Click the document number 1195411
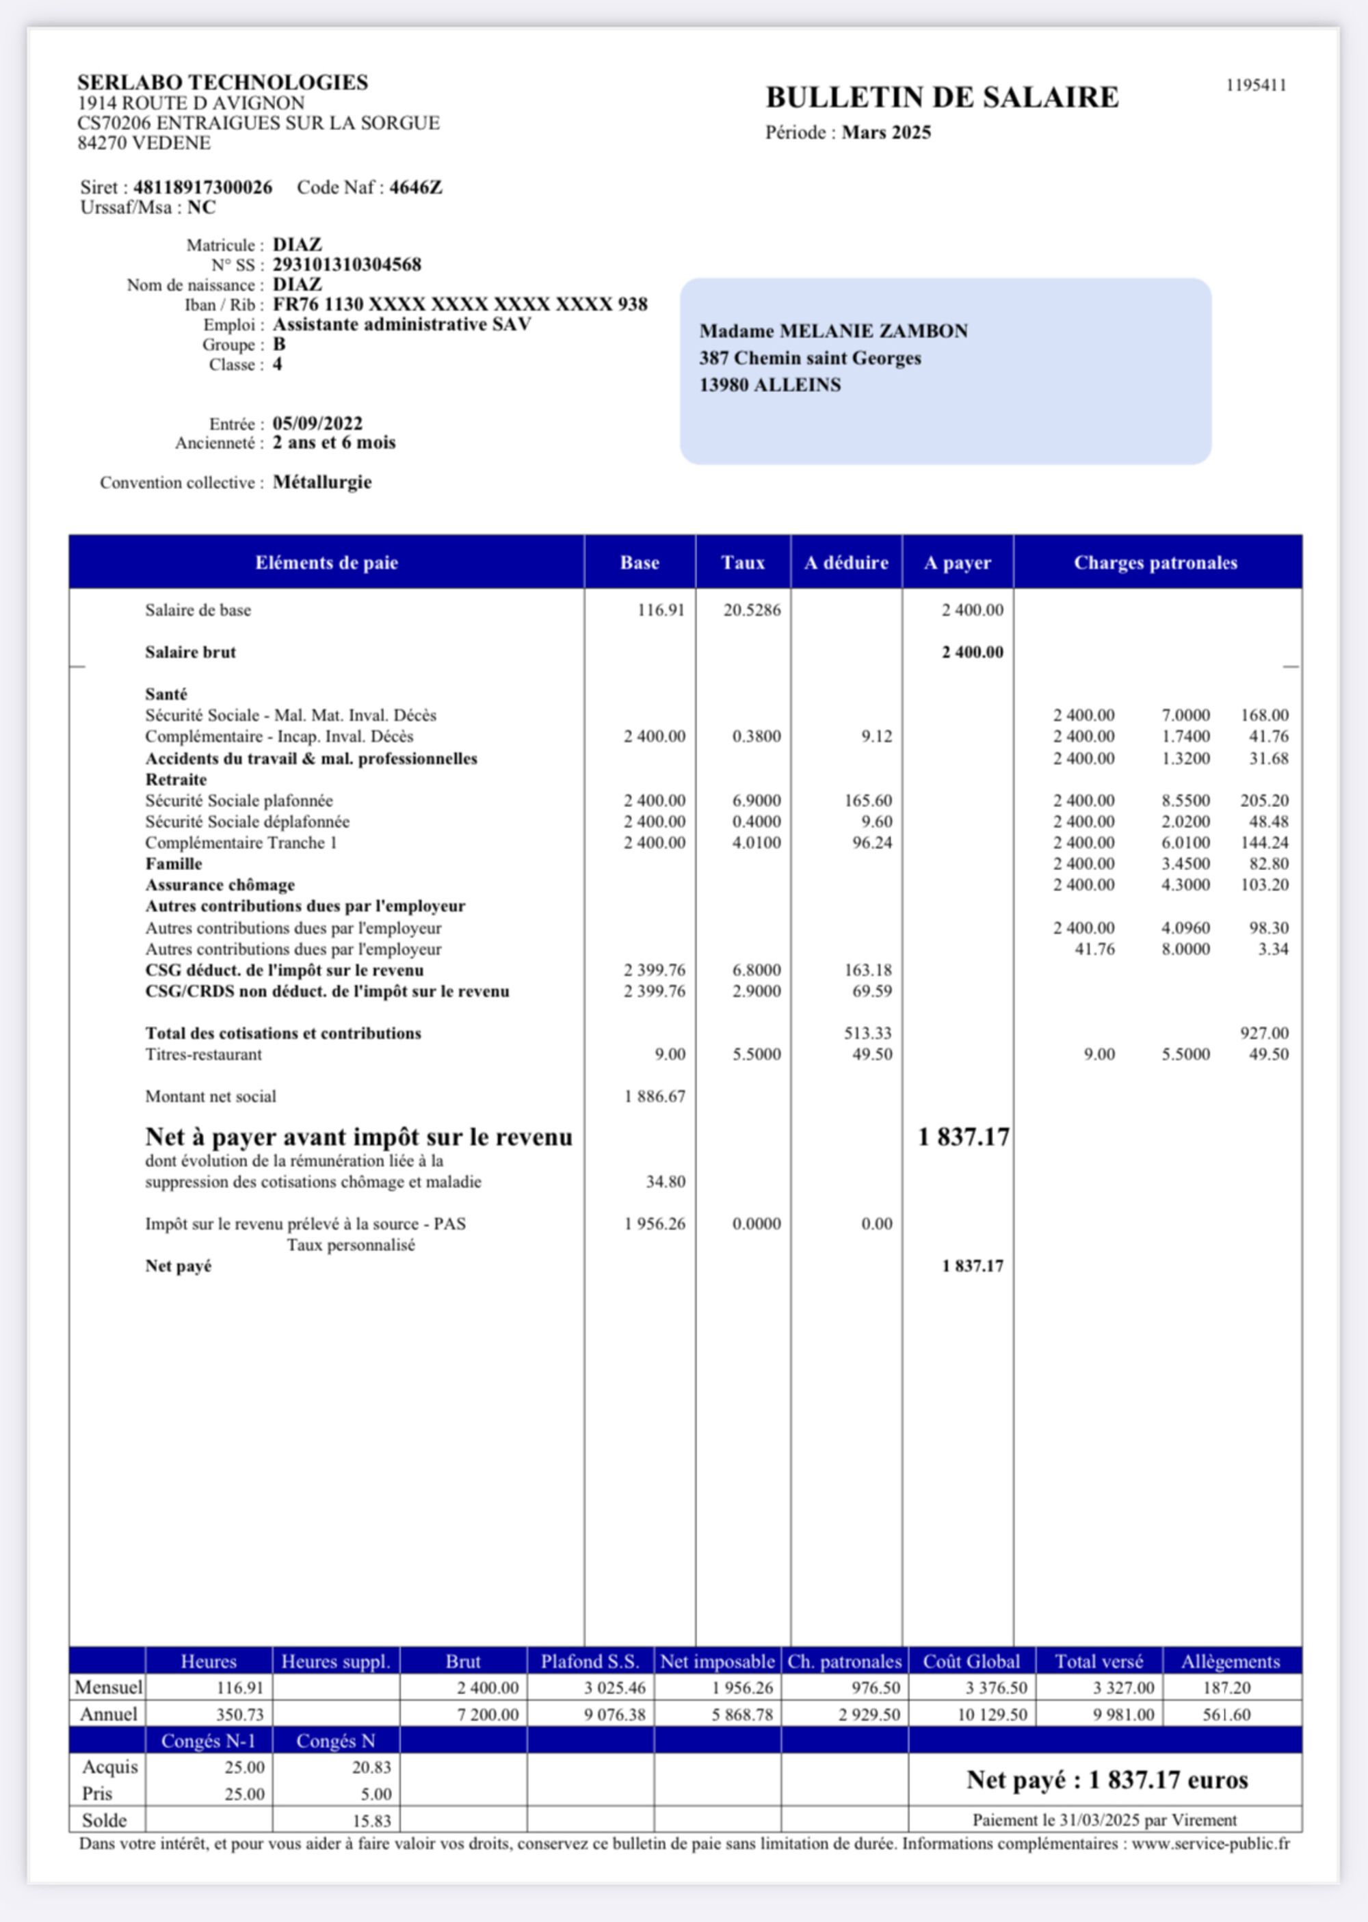(x=1255, y=85)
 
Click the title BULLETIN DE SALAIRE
(x=942, y=98)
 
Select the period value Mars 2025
(x=886, y=132)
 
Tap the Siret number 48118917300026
(x=202, y=187)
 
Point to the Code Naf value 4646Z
(x=415, y=187)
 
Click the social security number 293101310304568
(x=347, y=265)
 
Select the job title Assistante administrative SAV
(x=402, y=324)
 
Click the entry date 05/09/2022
(x=317, y=423)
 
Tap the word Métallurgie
(x=321, y=482)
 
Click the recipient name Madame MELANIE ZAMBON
(x=833, y=331)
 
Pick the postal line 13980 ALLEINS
(x=770, y=385)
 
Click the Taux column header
(x=742, y=563)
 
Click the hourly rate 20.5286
(x=752, y=610)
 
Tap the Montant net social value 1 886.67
(x=655, y=1096)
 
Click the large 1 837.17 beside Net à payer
(x=963, y=1137)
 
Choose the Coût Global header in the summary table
(x=971, y=1661)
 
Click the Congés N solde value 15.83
(x=371, y=1820)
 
